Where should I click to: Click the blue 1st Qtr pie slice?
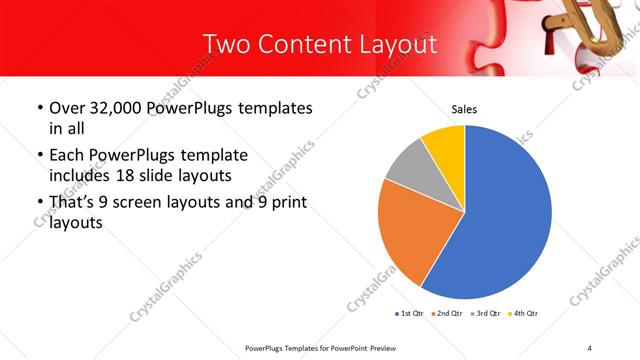click(505, 215)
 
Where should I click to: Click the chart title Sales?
click(463, 108)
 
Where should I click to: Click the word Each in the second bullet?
click(67, 156)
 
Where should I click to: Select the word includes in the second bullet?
click(84, 175)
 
